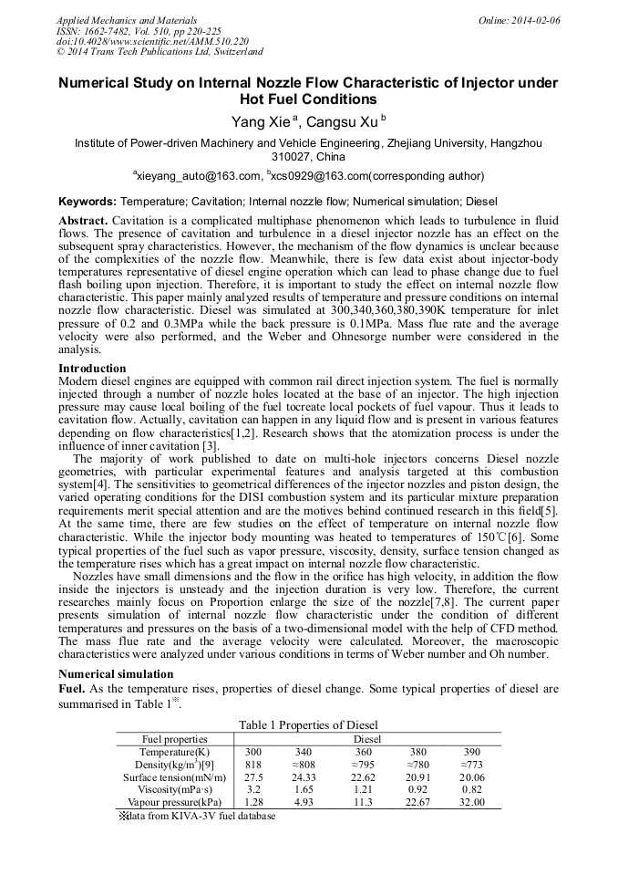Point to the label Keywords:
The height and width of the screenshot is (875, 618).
point(88,200)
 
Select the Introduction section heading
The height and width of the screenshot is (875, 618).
point(92,369)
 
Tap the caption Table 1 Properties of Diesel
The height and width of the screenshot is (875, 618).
point(308,724)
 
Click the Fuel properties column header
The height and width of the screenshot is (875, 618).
point(174,738)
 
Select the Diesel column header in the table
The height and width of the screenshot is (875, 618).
point(366,738)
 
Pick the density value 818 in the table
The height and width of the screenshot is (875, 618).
point(253,764)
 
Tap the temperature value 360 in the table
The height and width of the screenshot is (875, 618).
point(363,751)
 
